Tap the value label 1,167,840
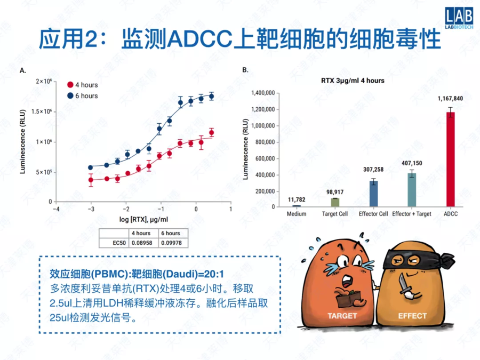(x=450, y=99)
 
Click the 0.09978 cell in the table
(x=170, y=243)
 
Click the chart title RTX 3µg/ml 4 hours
(x=352, y=81)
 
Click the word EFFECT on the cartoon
(x=412, y=316)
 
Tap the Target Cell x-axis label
(x=335, y=214)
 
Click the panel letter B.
(x=245, y=70)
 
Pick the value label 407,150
(x=411, y=163)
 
